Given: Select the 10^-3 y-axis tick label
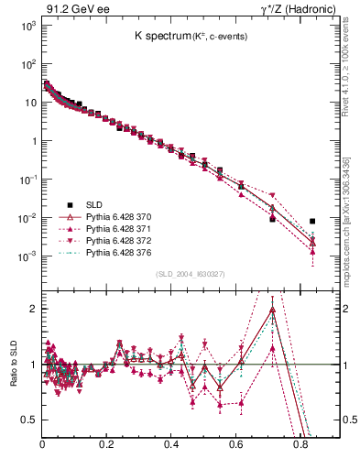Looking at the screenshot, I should click(27, 256).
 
